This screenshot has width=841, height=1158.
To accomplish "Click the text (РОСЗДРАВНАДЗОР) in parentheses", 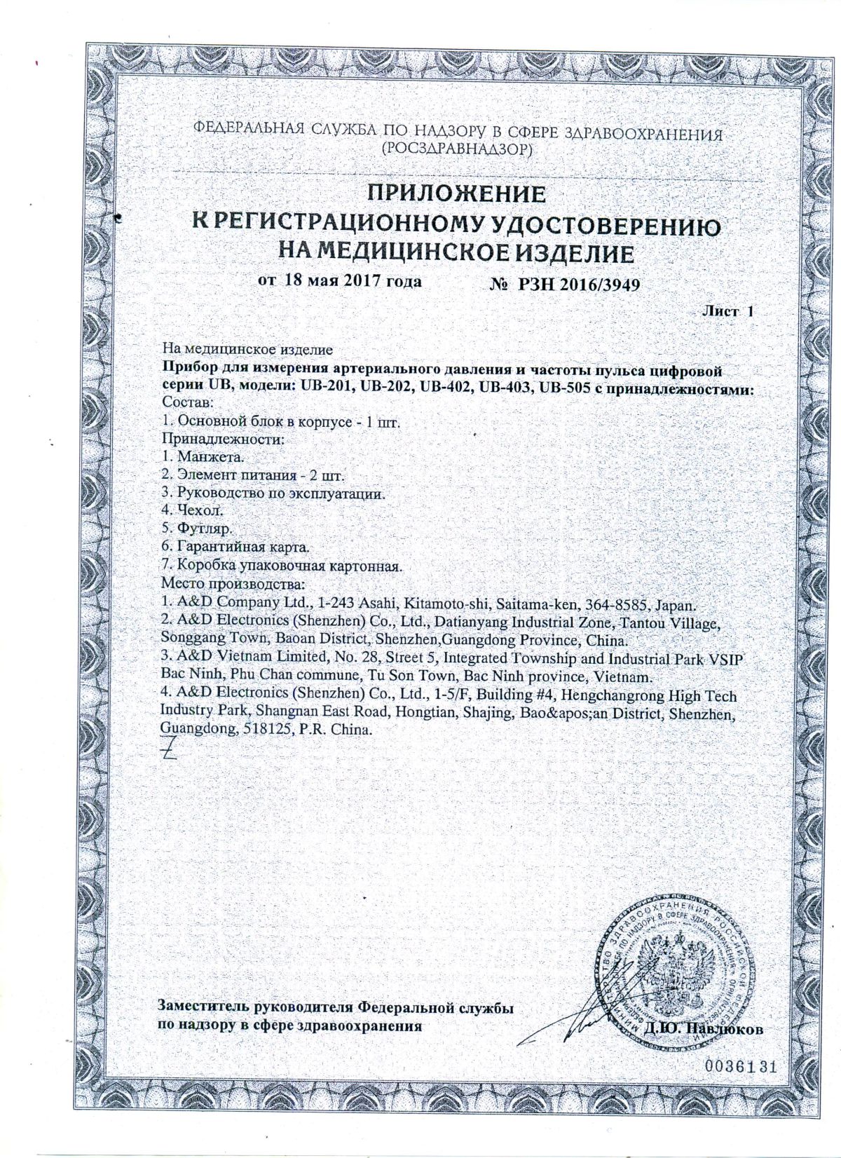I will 456,149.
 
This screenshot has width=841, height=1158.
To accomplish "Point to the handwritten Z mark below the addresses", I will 169,751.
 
